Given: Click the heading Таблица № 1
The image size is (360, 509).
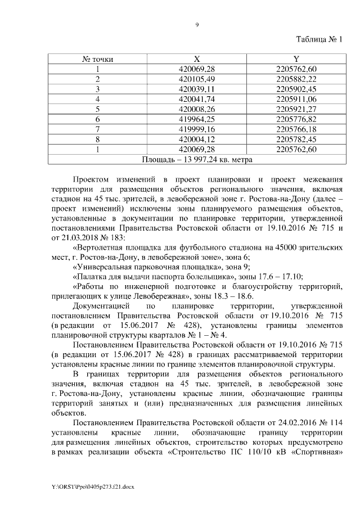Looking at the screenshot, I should (319, 39).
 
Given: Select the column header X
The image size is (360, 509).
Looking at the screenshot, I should (197, 58).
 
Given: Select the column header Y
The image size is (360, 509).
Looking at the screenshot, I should (296, 58).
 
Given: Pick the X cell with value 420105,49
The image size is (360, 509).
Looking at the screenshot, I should (197, 79).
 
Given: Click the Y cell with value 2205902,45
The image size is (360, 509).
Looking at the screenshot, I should (296, 89).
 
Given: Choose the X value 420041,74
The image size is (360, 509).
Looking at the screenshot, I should (197, 99).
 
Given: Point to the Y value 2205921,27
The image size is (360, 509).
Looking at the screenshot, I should (296, 109).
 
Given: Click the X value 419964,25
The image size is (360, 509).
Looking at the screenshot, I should (197, 119).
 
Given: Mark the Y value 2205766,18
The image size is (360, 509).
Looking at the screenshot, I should (296, 129).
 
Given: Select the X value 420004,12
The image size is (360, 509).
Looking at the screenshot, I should (197, 139).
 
